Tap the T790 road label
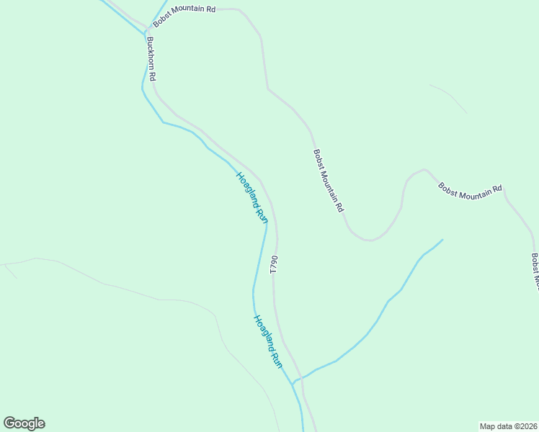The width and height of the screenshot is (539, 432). (x=273, y=264)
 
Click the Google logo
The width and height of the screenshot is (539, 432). (x=24, y=423)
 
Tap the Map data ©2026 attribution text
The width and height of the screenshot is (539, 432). (x=508, y=426)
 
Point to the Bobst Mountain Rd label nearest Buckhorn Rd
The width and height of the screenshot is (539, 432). (x=184, y=17)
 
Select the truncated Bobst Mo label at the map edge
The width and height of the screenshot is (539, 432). (x=535, y=271)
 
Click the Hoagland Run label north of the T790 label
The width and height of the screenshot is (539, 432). (x=252, y=196)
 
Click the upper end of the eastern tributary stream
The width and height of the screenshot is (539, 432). (x=442, y=240)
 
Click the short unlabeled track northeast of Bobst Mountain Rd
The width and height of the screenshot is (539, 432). (x=448, y=97)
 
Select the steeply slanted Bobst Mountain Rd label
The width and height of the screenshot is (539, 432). (x=329, y=180)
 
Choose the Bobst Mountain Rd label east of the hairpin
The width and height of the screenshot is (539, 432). (x=469, y=191)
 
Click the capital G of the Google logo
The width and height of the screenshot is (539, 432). (x=9, y=423)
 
